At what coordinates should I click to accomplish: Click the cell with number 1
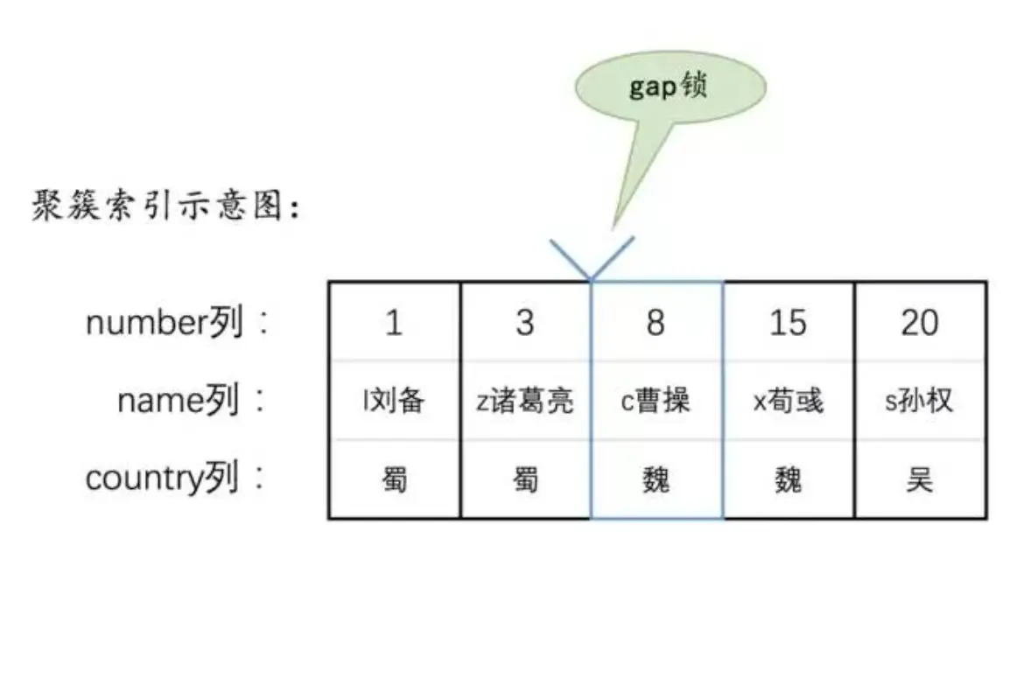coord(394,323)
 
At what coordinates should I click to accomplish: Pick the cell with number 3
coord(525,323)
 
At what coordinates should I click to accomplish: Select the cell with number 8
coord(656,323)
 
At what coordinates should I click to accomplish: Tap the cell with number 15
coord(788,323)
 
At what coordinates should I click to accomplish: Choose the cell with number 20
coord(920,323)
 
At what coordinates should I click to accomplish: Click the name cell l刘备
coord(394,401)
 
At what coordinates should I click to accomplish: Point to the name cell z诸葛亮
coord(525,401)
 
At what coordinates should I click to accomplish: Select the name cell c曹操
coord(656,401)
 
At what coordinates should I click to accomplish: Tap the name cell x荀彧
coord(788,401)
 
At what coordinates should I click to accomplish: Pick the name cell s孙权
coord(920,401)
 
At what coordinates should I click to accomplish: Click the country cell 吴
coord(920,479)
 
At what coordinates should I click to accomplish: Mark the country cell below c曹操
coord(656,479)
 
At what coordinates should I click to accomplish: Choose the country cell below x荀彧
coord(788,479)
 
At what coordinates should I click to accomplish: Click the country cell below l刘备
coord(394,479)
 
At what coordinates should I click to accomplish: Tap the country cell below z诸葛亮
coord(525,479)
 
